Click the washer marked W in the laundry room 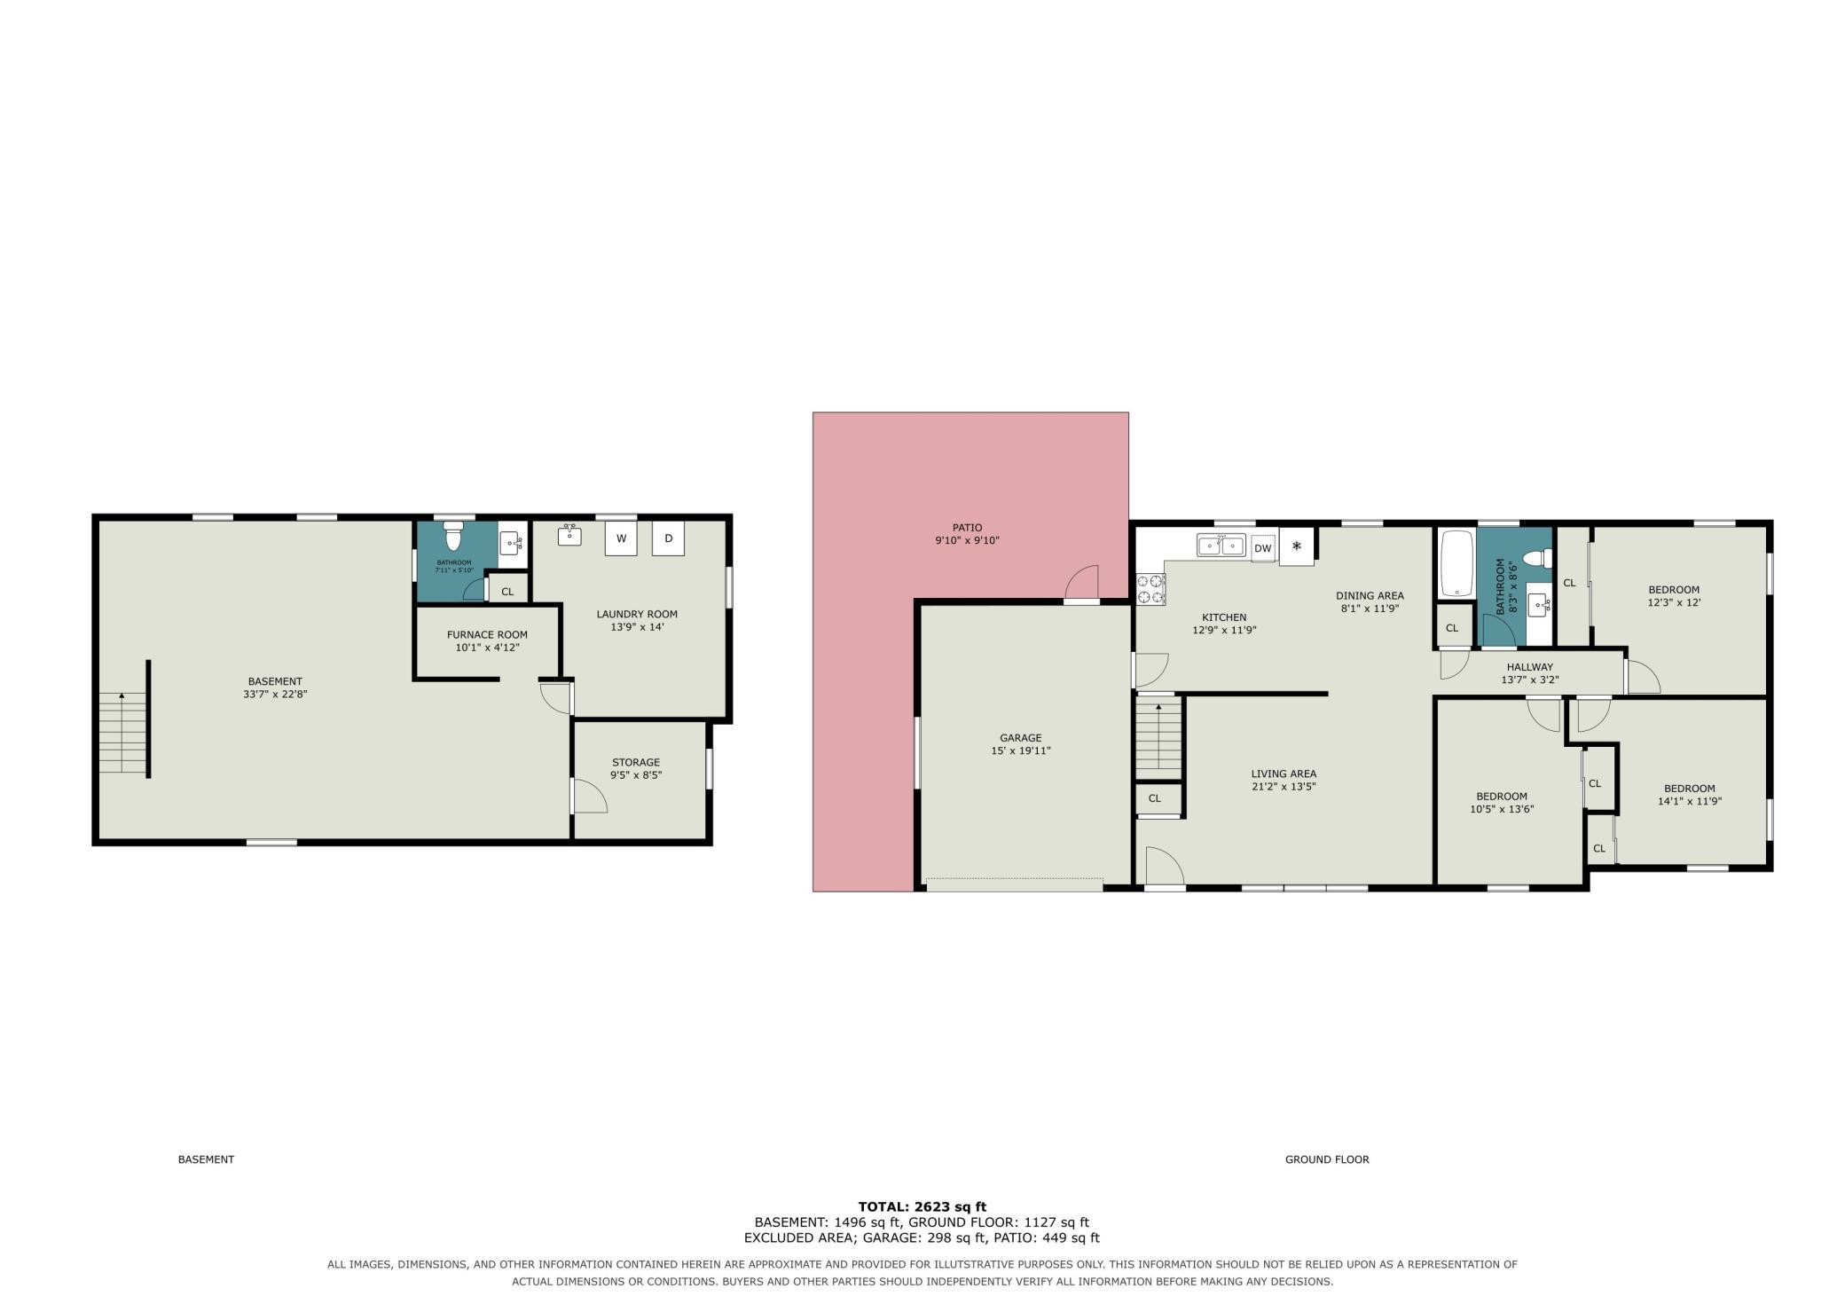621,538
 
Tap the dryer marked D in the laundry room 669,538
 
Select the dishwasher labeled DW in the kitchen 1262,548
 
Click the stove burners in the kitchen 1150,590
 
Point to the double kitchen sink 1221,545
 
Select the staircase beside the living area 1158,736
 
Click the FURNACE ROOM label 487,634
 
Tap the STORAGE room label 636,762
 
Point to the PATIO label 967,528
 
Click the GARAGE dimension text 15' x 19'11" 1021,750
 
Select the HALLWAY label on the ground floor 1530,667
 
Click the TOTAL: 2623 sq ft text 922,1206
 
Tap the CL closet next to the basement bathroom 507,592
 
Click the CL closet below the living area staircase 1155,798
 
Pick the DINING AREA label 1370,595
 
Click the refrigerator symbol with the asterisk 1296,546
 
